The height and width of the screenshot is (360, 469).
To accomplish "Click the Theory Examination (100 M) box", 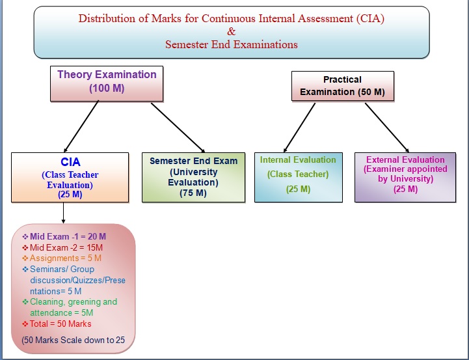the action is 107,83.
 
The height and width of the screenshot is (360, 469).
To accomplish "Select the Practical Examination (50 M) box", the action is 343,86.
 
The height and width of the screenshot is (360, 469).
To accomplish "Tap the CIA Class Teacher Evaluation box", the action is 70,178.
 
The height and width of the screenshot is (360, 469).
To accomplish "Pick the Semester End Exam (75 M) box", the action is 194,178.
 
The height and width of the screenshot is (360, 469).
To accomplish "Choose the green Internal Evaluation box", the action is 299,178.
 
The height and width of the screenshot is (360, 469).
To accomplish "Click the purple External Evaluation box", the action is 405,178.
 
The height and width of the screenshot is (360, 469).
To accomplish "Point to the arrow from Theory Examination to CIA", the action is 81,126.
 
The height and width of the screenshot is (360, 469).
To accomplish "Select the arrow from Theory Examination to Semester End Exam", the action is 178,128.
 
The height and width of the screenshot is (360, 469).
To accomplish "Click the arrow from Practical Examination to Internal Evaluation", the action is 299,128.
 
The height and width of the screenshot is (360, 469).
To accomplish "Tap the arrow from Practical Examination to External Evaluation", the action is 387,128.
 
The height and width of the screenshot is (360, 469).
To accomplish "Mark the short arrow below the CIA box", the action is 63,213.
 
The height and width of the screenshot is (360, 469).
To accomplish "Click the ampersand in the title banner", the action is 231,31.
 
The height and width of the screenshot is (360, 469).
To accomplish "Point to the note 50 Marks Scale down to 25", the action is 74,340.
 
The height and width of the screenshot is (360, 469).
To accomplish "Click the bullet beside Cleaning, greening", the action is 25,302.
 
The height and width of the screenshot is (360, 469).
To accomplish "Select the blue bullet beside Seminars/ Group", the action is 25,270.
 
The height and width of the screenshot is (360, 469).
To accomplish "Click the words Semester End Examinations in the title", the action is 232,44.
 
